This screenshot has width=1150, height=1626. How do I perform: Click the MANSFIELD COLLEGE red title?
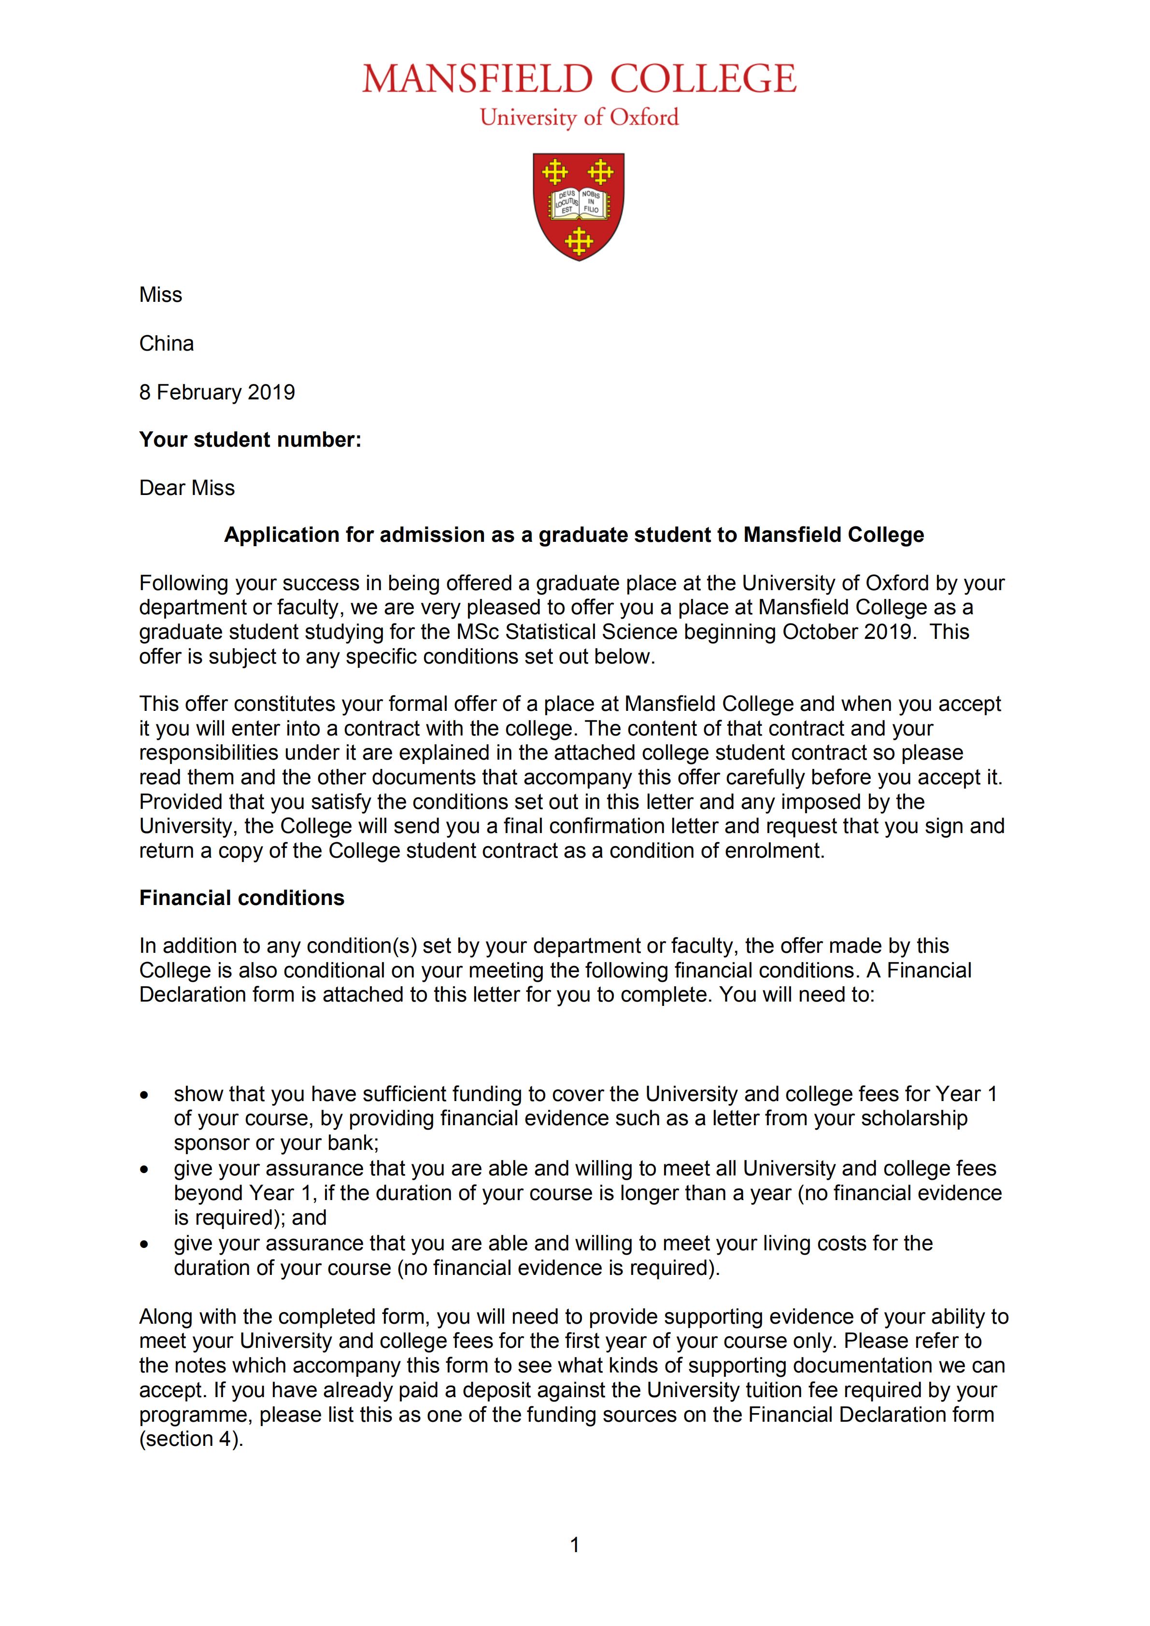579,79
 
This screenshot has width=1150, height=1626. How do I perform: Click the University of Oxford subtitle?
579,117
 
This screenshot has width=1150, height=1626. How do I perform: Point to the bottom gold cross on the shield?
579,241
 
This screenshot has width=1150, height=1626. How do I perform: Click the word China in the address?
167,343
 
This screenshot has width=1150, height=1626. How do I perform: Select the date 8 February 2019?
217,392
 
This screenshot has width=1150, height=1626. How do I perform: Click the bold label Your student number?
250,440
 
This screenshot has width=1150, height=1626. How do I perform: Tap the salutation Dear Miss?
187,488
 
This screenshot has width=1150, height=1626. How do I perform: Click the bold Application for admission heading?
574,535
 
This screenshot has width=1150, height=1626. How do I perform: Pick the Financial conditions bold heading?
241,898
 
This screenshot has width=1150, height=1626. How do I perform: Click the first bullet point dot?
144,1095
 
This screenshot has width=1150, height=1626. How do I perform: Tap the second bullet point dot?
144,1169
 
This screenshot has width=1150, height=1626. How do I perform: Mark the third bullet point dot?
144,1244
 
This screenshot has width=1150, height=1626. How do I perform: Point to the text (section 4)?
191,1439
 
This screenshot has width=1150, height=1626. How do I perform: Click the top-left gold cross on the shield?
554,171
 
